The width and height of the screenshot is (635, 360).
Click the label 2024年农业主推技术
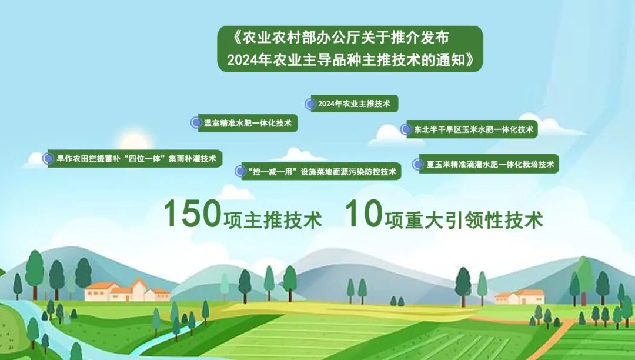pyautogui.click(x=354, y=104)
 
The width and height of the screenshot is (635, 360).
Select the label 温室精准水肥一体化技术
pyautogui.click(x=248, y=123)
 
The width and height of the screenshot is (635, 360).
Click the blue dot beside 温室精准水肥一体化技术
pyautogui.click(x=196, y=122)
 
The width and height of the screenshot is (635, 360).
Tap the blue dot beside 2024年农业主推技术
pyautogui.click(x=310, y=104)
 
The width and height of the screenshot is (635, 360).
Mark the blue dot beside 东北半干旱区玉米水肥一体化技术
pyautogui.click(x=405, y=129)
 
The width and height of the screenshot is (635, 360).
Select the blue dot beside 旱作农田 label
pyautogui.click(x=48, y=158)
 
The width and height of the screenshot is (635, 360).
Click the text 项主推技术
pyautogui.click(x=273, y=220)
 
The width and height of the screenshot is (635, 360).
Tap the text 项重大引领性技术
pyautogui.click(x=464, y=220)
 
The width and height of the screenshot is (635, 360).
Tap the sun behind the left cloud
pyautogui.click(x=134, y=141)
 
